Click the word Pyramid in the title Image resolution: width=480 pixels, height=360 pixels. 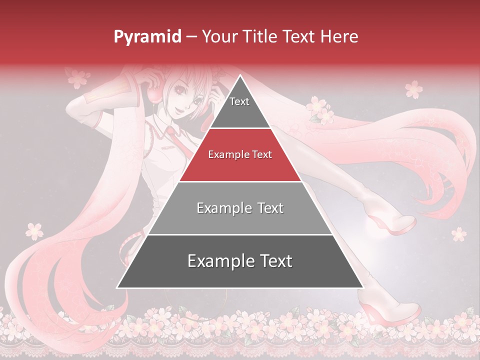point(147,36)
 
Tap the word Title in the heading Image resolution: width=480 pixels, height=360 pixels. point(261,36)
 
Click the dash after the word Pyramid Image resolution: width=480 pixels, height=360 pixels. point(191,37)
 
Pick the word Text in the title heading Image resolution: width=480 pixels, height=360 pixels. point(299,36)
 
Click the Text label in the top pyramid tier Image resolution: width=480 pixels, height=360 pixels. point(239,101)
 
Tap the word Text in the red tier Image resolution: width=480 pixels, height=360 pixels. point(262,155)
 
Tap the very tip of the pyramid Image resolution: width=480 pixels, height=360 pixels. point(240,76)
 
